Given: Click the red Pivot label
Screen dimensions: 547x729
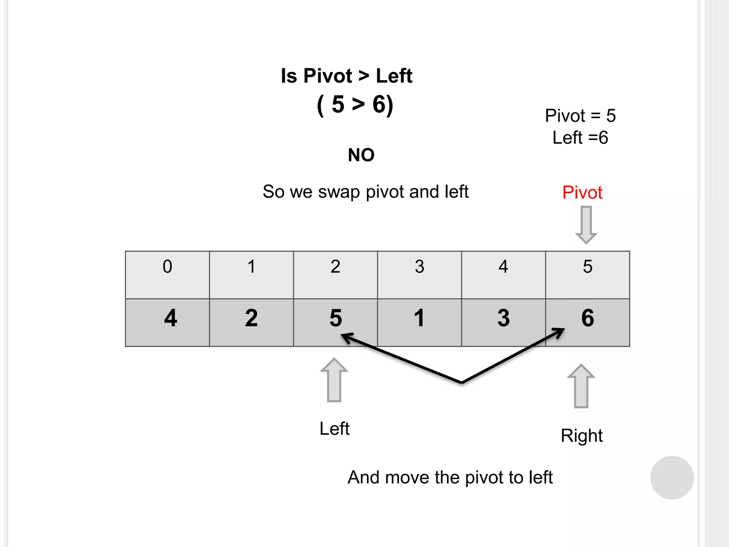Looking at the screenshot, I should tap(582, 193).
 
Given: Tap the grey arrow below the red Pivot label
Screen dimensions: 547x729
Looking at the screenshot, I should tap(586, 225).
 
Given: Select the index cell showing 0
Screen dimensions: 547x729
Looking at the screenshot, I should tap(167, 275).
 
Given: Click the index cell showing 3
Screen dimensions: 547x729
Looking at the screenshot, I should tap(419, 275).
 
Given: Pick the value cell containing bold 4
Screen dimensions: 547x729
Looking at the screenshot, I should tap(167, 322).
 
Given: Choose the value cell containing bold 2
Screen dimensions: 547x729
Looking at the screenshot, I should tap(251, 322).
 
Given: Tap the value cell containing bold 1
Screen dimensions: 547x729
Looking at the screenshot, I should tap(419, 322).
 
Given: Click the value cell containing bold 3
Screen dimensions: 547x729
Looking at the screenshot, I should tap(503, 322).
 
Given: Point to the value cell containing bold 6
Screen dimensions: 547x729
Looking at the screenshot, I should tap(588, 322).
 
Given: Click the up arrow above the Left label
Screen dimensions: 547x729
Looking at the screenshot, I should tap(334, 380).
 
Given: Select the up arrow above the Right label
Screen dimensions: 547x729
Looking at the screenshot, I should tap(581, 386).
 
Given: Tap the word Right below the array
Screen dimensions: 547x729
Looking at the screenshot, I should tap(582, 436).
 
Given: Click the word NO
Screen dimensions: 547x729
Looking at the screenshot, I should tap(361, 155).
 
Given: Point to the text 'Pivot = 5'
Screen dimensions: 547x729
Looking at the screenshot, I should tap(580, 116).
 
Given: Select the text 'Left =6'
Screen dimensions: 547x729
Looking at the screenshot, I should tap(580, 137).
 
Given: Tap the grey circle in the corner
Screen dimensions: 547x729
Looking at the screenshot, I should tap(672, 478).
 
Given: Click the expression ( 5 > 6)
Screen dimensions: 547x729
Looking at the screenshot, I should tap(355, 105).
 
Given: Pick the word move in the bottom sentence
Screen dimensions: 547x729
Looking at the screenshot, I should tap(407, 477).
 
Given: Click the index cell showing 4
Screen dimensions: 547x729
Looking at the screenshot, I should tap(503, 275).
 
